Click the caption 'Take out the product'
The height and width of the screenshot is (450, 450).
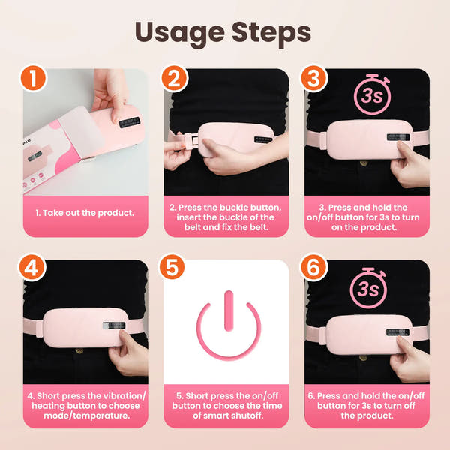84,212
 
